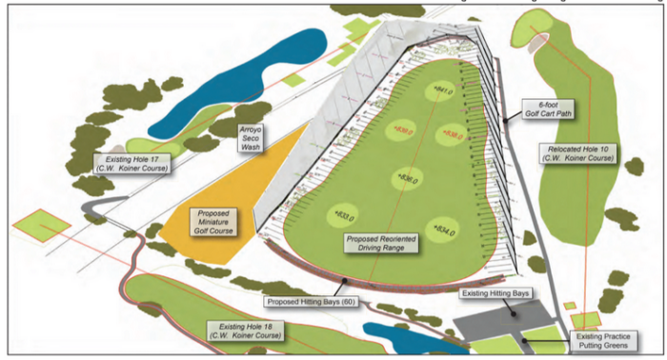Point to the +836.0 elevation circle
[410, 178]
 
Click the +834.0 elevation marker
[444, 229]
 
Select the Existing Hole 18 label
[246, 330]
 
